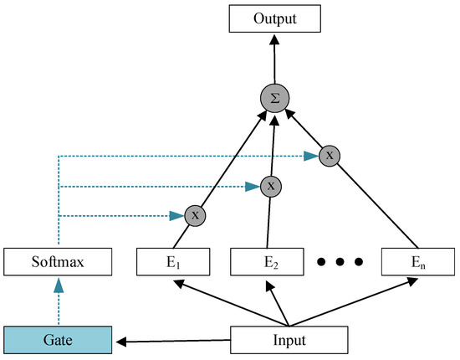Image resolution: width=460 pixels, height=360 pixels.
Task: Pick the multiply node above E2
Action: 270,185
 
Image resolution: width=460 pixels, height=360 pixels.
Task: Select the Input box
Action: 288,341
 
